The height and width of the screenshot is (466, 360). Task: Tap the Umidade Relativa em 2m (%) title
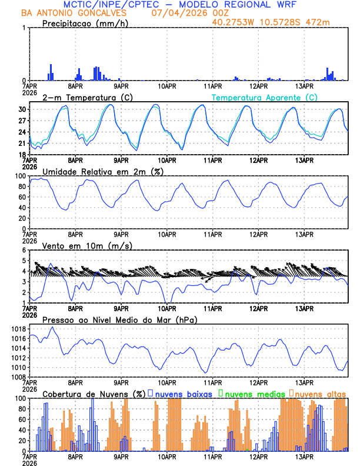[x=103, y=171]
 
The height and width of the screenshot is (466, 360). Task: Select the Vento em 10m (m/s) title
[x=87, y=245]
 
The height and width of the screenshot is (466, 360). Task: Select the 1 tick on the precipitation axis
[x=23, y=28]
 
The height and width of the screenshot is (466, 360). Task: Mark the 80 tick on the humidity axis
[x=21, y=187]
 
